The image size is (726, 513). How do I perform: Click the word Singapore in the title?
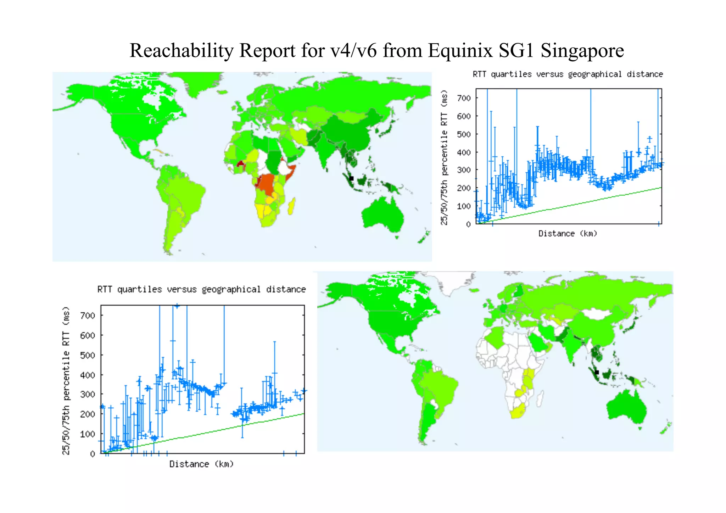(x=582, y=50)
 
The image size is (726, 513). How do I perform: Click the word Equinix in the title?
(x=460, y=50)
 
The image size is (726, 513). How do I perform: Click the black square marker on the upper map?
(x=351, y=178)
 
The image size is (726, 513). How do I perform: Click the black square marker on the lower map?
(x=597, y=372)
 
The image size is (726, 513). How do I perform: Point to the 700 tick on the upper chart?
(x=464, y=98)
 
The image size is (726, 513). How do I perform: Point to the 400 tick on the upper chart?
(x=464, y=152)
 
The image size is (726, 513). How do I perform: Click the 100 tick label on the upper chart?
(x=464, y=206)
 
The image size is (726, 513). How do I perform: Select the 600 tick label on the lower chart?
(x=87, y=335)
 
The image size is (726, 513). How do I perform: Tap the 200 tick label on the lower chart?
(x=87, y=414)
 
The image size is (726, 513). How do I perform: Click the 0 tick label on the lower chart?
(x=93, y=454)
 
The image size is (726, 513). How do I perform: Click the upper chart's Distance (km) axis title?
(x=568, y=234)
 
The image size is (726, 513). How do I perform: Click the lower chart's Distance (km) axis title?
(x=201, y=464)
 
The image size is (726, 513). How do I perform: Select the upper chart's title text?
(x=568, y=74)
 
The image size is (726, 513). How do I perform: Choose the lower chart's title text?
(x=201, y=290)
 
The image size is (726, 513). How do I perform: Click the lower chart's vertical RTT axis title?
(x=66, y=380)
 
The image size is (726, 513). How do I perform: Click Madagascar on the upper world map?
(x=292, y=206)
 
